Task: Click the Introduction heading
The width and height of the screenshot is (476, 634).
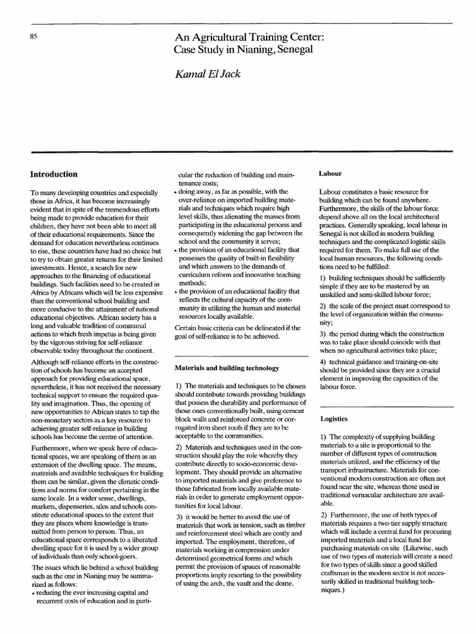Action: click(x=54, y=175)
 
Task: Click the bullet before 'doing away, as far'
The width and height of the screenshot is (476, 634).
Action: click(x=176, y=193)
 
